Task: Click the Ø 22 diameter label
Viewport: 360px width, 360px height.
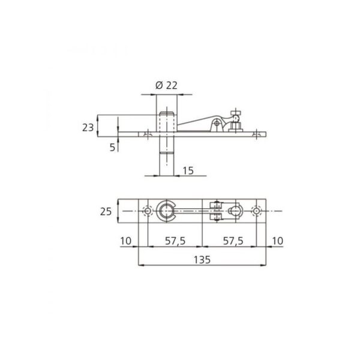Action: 166,86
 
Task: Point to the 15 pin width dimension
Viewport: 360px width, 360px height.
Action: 187,171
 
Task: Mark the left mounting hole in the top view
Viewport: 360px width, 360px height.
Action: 147,211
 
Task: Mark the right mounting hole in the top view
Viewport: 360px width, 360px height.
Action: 257,211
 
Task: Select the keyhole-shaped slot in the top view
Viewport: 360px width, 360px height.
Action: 235,211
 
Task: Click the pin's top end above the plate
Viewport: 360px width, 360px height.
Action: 166,115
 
